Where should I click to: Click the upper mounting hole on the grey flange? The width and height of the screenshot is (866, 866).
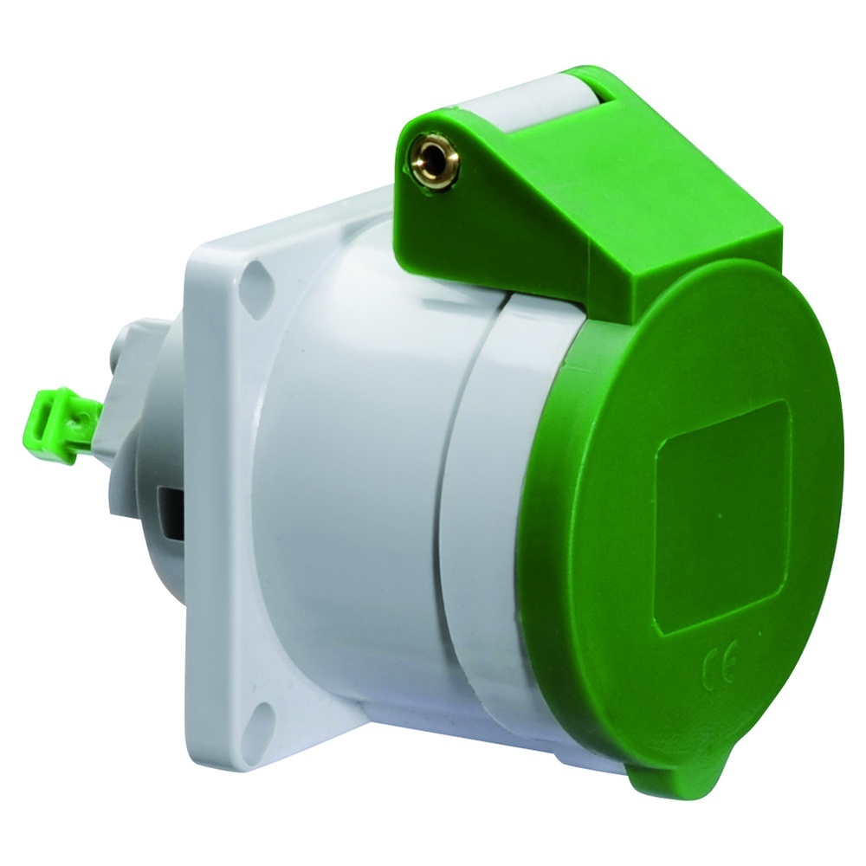click(258, 281)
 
